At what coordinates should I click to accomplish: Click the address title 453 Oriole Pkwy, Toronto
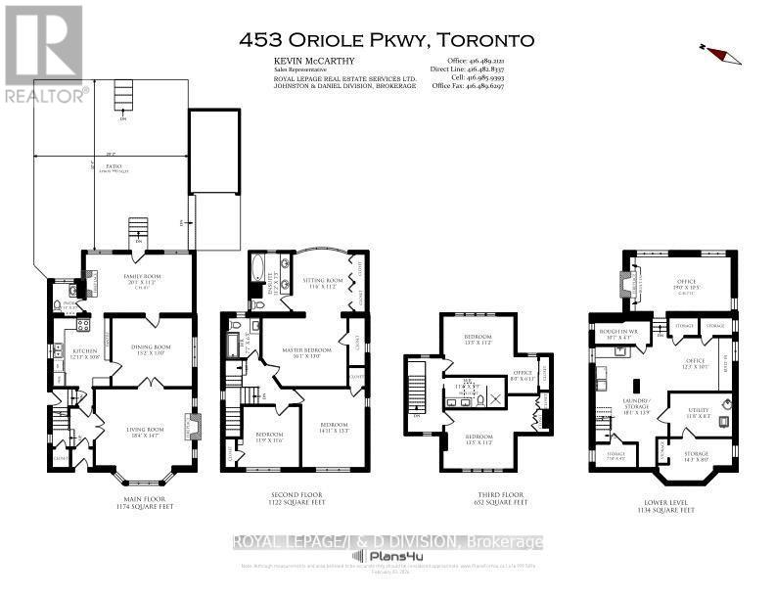point(387,40)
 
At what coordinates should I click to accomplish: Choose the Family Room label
point(135,277)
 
